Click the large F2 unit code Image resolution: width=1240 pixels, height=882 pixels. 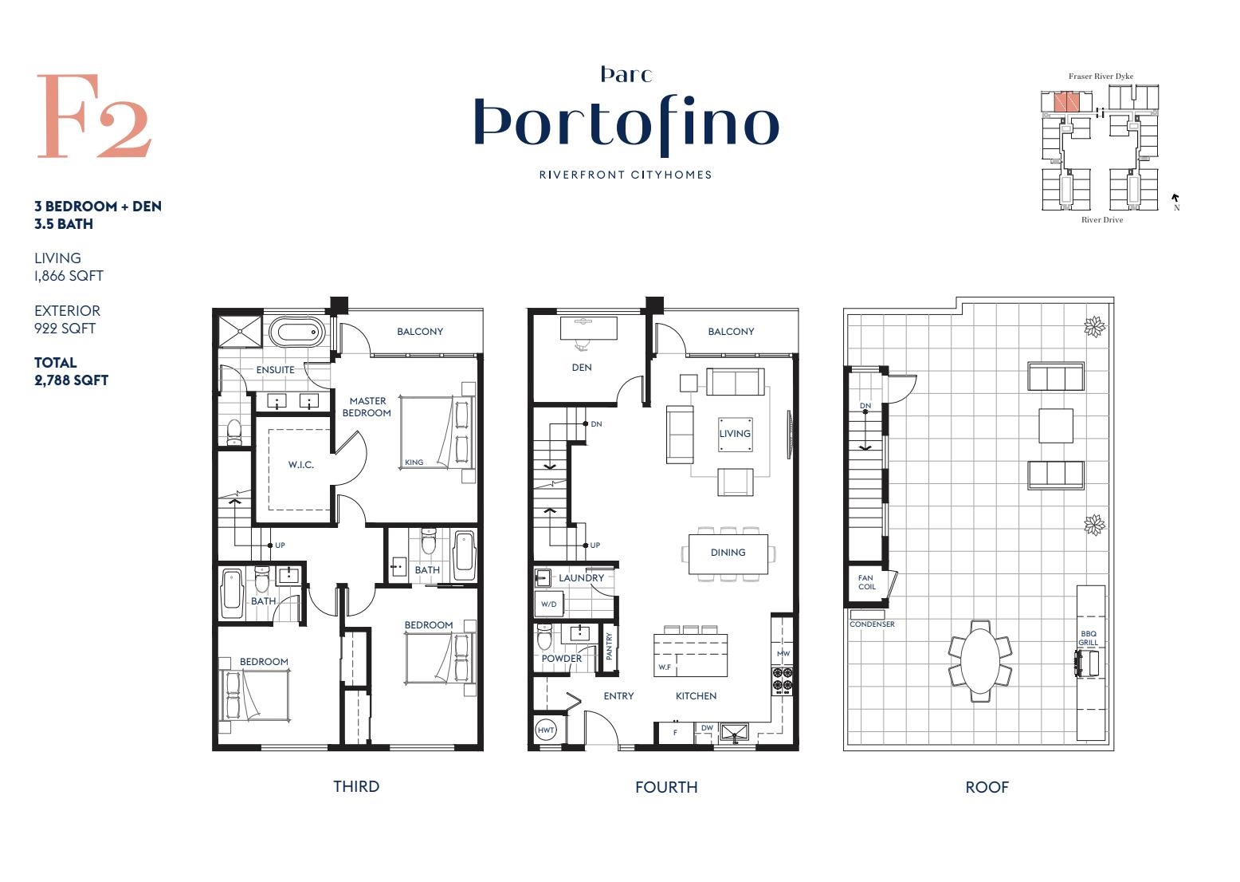pyautogui.click(x=94, y=116)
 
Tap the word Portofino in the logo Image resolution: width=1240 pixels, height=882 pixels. pyautogui.click(x=626, y=125)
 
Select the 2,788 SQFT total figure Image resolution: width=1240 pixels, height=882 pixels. pyautogui.click(x=71, y=380)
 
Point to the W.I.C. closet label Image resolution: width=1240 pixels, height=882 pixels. pyautogui.click(x=300, y=465)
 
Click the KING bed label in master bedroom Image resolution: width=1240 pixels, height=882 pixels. pyautogui.click(x=414, y=463)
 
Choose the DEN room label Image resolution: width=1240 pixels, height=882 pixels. pyautogui.click(x=581, y=368)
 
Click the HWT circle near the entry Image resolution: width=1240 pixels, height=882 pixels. pyautogui.click(x=546, y=730)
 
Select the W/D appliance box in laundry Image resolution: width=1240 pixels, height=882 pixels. pyautogui.click(x=549, y=604)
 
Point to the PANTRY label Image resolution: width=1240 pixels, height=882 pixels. pyautogui.click(x=610, y=647)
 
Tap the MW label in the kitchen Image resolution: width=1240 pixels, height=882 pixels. pyautogui.click(x=783, y=654)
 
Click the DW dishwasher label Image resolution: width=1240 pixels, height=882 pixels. pyautogui.click(x=707, y=728)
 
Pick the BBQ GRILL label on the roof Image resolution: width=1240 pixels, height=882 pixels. pyautogui.click(x=1089, y=638)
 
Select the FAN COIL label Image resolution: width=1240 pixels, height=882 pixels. pyautogui.click(x=867, y=582)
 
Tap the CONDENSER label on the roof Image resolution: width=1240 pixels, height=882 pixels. pyautogui.click(x=872, y=624)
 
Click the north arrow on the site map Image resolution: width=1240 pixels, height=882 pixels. pyautogui.click(x=1175, y=199)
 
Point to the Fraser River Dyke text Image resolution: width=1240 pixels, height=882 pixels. pyautogui.click(x=1101, y=77)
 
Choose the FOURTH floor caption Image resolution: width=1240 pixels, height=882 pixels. pyautogui.click(x=666, y=787)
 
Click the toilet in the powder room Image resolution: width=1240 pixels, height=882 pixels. pyautogui.click(x=545, y=637)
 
